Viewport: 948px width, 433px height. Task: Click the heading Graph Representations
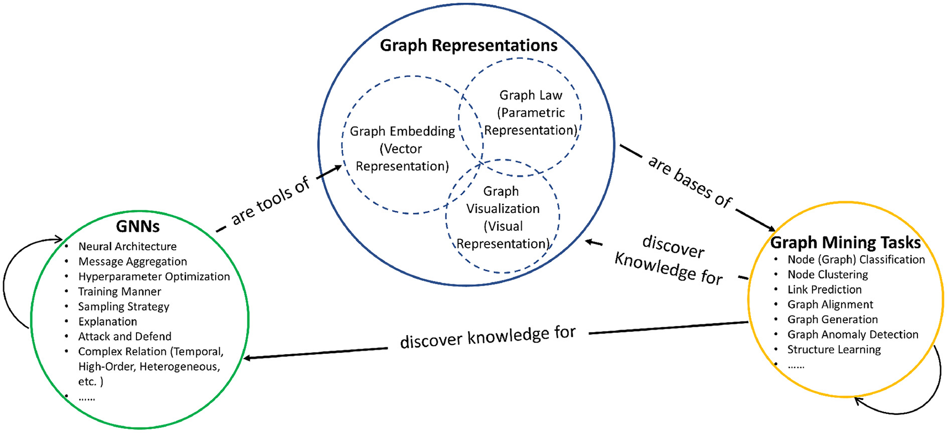coord(468,45)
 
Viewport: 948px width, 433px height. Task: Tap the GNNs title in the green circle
coord(137,226)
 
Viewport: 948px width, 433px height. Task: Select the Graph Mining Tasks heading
coord(845,242)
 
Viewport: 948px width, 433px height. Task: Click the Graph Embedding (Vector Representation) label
coord(402,149)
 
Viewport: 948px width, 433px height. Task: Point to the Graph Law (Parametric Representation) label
coord(531,113)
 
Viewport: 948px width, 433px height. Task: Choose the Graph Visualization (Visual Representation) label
coord(502,217)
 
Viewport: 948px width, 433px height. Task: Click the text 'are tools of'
coord(270,201)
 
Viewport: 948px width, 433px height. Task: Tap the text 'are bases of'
coord(690,182)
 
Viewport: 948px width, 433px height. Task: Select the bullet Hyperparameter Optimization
coord(154,277)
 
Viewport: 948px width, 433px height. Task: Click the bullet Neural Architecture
coord(127,247)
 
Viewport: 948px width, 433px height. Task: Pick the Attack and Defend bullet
coord(125,337)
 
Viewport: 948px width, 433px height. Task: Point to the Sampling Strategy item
coord(124,307)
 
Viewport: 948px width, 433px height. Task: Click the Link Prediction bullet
coord(824,290)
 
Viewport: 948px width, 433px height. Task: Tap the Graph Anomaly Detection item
coord(852,335)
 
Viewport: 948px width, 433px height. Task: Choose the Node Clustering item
coord(828,275)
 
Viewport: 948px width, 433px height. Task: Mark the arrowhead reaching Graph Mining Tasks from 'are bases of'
coord(770,228)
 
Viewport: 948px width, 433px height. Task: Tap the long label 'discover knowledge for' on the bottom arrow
coord(487,337)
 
